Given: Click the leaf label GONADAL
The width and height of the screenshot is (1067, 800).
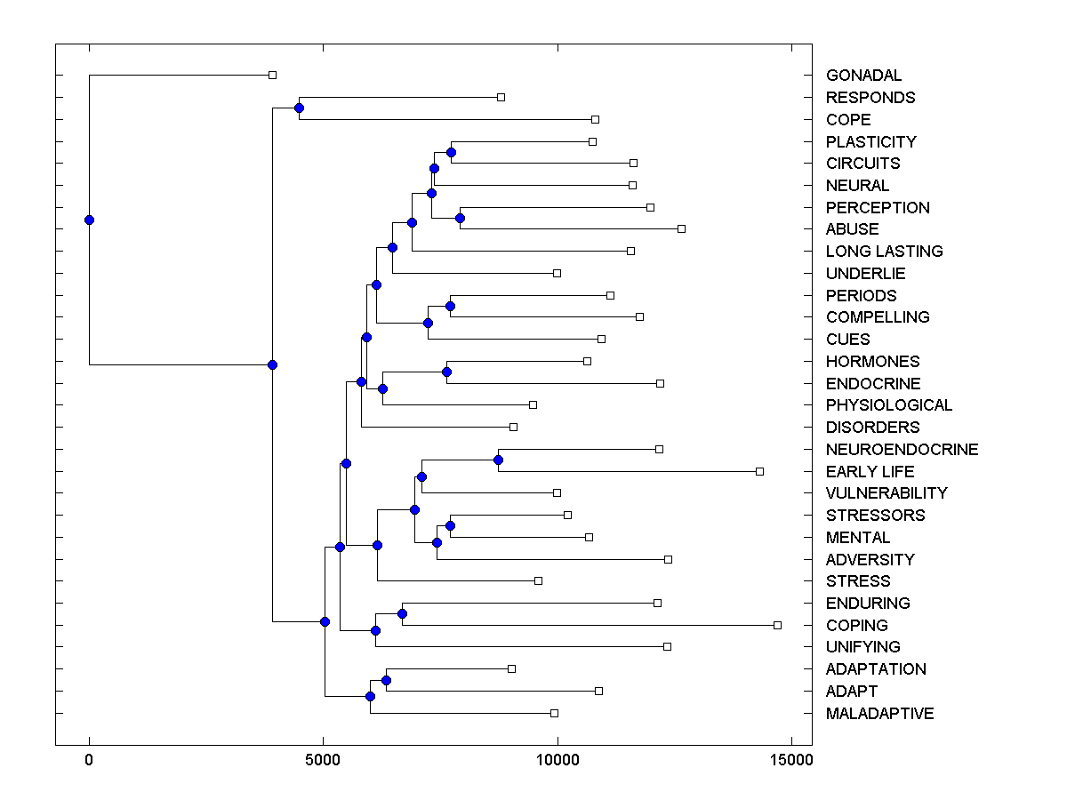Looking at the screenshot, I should click(x=863, y=76).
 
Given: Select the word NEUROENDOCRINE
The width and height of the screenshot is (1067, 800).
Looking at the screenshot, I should click(x=902, y=450).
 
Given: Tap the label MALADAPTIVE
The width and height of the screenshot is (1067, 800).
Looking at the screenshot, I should click(x=879, y=714).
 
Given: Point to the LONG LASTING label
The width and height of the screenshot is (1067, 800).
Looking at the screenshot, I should click(x=884, y=252).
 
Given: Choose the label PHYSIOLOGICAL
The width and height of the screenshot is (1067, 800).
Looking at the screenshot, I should click(x=888, y=405).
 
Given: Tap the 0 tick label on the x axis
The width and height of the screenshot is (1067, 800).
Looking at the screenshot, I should click(x=89, y=760).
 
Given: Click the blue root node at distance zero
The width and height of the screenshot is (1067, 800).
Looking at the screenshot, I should click(x=89, y=220).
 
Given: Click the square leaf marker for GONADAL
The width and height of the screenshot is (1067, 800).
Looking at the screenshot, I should click(x=273, y=76).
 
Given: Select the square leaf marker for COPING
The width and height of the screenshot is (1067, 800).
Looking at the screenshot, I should click(x=777, y=626).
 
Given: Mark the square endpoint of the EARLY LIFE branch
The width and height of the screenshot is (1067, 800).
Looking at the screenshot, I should click(x=759, y=471).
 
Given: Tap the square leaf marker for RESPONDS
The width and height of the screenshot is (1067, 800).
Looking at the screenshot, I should click(x=501, y=97).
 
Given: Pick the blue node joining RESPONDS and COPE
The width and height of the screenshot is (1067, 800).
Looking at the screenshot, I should click(x=299, y=108).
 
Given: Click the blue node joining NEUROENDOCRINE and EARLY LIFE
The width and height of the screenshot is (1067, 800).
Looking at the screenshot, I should click(x=499, y=460).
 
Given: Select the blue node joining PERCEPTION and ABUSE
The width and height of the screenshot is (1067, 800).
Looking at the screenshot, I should click(x=460, y=218).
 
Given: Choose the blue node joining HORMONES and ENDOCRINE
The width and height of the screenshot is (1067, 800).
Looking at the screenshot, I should click(x=446, y=372).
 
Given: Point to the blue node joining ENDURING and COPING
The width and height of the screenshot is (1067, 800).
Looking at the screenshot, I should click(x=402, y=614).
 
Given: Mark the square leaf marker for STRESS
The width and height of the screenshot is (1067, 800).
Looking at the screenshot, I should click(x=538, y=581).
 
